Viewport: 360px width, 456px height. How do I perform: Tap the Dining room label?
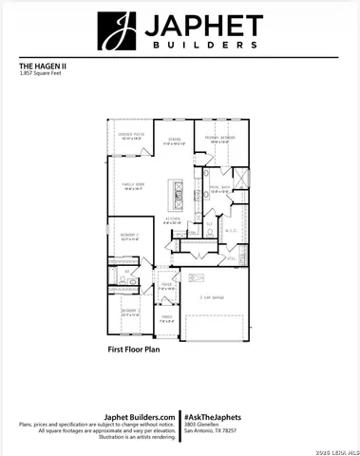174,141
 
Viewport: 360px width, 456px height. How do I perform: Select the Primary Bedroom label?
219,139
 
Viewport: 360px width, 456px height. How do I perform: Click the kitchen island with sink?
177,194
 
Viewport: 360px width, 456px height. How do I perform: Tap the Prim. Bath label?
219,189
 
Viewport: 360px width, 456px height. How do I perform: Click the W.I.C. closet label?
231,230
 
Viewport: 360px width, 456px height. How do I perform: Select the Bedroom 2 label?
130,237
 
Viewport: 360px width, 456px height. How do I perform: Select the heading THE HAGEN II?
42,66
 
